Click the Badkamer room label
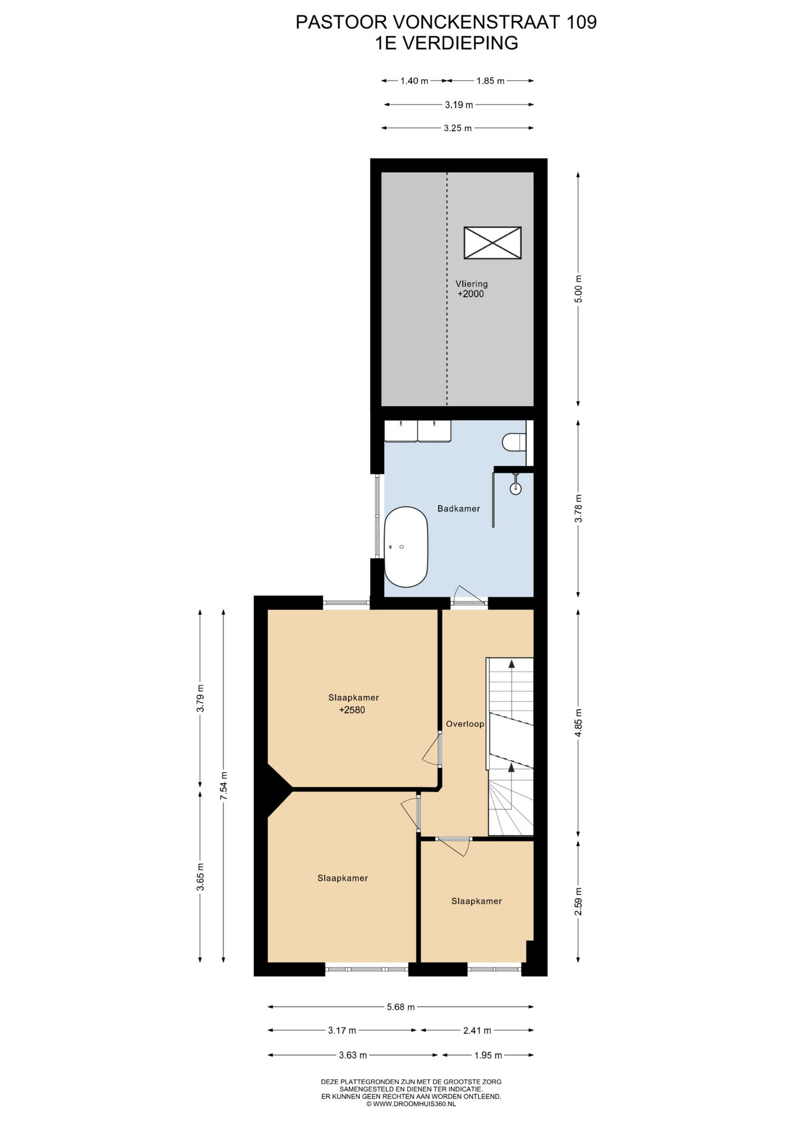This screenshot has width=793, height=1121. (x=458, y=509)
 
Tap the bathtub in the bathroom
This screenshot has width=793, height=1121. (x=406, y=547)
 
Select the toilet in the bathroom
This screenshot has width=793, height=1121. (x=514, y=442)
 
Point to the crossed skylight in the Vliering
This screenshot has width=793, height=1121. (x=492, y=243)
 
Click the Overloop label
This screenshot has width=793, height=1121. (x=465, y=724)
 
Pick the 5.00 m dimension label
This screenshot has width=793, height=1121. (x=578, y=288)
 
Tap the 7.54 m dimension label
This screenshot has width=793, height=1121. (x=224, y=786)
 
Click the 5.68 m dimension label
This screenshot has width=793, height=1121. (x=401, y=1007)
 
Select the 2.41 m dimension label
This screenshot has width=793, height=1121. (x=477, y=1031)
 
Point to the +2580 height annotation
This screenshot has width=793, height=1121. (x=352, y=710)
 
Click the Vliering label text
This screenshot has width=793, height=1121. (x=471, y=284)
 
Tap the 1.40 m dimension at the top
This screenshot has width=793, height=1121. (x=414, y=81)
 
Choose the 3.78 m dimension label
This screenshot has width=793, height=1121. (x=578, y=509)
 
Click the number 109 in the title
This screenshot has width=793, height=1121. (x=582, y=22)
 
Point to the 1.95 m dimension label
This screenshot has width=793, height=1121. (x=488, y=1055)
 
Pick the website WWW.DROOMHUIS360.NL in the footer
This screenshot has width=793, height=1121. (x=415, y=1104)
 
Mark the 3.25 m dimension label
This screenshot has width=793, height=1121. (x=458, y=128)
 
